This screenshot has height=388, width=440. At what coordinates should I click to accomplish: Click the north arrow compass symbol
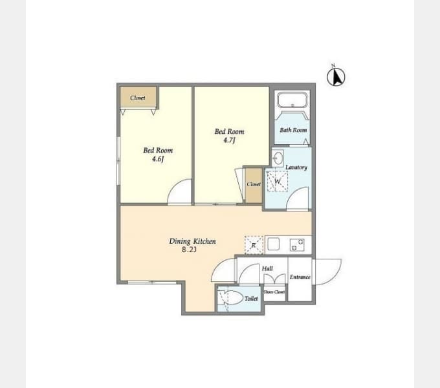tap(336, 76)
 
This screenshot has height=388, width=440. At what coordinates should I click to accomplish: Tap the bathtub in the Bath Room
tap(292, 100)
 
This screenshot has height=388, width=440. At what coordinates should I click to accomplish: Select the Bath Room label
tap(293, 130)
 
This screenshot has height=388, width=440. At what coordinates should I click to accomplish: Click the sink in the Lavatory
tap(278, 158)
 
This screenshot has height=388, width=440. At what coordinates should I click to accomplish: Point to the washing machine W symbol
tap(277, 181)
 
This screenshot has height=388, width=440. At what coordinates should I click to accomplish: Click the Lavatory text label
tap(296, 167)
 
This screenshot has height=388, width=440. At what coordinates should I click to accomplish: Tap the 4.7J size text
tap(229, 140)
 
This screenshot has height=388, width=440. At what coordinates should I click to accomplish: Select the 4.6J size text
tap(158, 159)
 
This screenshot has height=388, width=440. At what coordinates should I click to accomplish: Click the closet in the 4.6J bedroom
tap(138, 97)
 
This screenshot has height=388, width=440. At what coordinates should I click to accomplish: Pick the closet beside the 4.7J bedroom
tap(254, 185)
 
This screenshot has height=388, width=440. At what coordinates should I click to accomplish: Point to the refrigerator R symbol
tap(254, 245)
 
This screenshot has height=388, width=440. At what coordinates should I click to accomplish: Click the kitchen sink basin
tap(273, 244)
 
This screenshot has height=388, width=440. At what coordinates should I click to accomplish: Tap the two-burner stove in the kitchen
tap(297, 244)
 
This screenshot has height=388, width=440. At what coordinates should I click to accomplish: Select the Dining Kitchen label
tap(193, 241)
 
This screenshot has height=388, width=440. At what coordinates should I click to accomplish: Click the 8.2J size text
tap(189, 250)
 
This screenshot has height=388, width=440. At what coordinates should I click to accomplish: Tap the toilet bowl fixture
tap(231, 297)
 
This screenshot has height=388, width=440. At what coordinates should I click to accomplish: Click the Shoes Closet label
tap(274, 292)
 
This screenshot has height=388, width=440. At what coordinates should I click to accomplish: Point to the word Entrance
tap(300, 277)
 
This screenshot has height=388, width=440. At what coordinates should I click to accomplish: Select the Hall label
tap(267, 268)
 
